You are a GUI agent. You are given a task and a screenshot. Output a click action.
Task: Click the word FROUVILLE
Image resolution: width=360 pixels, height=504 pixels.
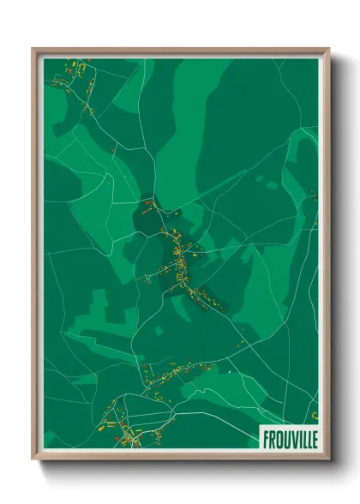(x=288, y=438)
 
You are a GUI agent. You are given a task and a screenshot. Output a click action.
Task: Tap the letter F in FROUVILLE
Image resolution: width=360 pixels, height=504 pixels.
(x=265, y=438)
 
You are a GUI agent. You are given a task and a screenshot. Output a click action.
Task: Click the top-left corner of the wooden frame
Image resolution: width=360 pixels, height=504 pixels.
(x=33, y=49)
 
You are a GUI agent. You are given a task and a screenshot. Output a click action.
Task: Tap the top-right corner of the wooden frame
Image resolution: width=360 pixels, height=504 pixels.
(x=328, y=49)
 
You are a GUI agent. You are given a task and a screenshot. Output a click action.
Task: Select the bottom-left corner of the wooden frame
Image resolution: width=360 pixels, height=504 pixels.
(x=33, y=459)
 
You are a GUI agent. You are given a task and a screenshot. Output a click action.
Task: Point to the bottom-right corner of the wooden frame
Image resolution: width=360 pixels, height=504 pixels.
(x=328, y=459)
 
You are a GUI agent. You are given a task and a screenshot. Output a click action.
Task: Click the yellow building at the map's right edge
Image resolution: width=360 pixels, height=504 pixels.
(x=314, y=198)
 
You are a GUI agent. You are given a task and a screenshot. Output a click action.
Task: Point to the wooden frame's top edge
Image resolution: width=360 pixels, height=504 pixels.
(x=180, y=51)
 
